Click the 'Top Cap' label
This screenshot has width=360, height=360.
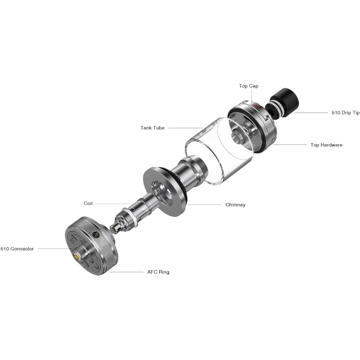point(248,86)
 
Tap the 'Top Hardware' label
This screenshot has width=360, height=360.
point(326,145)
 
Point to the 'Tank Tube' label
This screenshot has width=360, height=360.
point(152,128)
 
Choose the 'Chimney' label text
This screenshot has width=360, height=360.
point(235,205)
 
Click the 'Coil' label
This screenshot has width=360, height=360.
point(88,203)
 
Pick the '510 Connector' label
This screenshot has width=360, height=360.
point(17,249)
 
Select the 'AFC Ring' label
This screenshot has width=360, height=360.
point(158,272)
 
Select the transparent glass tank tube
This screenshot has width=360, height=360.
point(211,148)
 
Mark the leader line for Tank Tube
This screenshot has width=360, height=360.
point(184,128)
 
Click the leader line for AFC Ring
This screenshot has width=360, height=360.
point(126,272)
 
